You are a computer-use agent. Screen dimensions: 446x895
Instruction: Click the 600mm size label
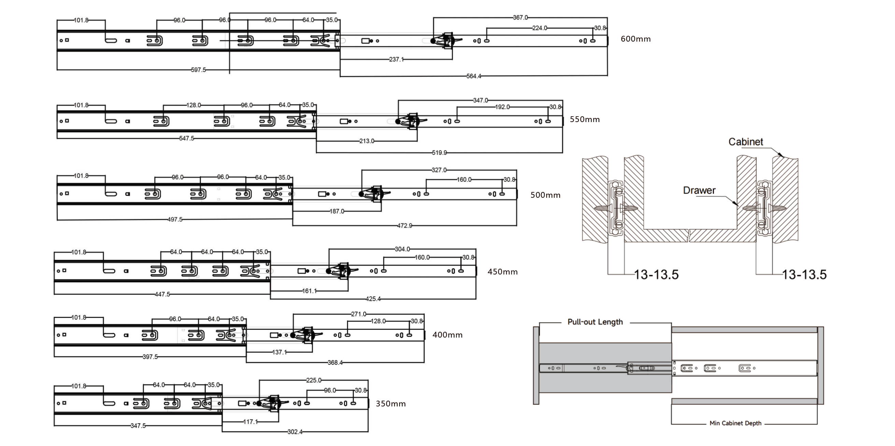(636, 39)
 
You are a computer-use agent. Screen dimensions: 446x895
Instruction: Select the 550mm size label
(584, 119)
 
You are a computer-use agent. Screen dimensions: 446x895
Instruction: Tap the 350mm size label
(390, 404)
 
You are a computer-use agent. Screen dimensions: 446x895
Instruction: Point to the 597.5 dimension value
(198, 70)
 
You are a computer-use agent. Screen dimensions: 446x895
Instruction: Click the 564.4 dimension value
(473, 76)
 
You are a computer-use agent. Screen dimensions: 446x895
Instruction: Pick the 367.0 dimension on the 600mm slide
(520, 17)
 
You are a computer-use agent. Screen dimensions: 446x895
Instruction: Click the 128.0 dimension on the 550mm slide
(194, 105)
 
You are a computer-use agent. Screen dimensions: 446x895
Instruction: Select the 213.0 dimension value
(367, 141)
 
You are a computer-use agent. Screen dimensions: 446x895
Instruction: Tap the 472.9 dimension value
(404, 226)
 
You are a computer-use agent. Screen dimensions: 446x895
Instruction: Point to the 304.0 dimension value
(402, 249)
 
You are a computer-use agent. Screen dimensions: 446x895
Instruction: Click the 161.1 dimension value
(309, 291)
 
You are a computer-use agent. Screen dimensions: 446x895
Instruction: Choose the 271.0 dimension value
(358, 314)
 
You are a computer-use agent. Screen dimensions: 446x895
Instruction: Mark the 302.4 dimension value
(295, 432)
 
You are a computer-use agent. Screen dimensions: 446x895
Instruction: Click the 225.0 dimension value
(313, 380)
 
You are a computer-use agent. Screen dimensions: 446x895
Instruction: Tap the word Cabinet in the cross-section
(745, 142)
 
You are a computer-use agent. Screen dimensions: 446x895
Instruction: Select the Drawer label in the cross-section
(699, 190)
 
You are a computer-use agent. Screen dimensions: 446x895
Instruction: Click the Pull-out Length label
(595, 322)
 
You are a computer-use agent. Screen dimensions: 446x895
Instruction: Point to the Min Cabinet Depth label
(735, 423)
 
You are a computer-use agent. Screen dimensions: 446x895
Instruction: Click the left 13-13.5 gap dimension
(656, 274)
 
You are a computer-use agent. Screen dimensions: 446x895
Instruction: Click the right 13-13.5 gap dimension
(804, 274)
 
